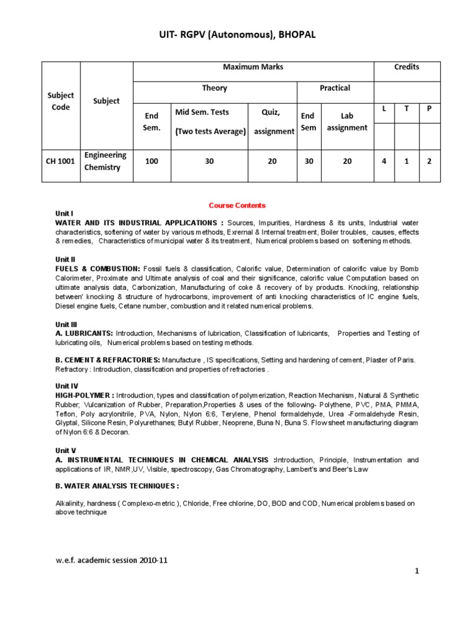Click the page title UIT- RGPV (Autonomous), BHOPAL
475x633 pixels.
click(x=237, y=36)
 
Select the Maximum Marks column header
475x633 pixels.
click(x=254, y=67)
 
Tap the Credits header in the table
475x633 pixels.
click(x=407, y=67)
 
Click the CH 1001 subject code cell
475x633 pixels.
click(x=61, y=161)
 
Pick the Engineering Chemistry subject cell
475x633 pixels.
click(x=105, y=161)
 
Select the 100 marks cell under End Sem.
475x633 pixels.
click(x=152, y=161)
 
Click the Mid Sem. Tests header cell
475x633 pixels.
click(x=210, y=121)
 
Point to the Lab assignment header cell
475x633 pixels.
click(x=347, y=121)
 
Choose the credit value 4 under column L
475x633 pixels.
click(x=384, y=161)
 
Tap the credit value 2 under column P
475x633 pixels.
click(x=429, y=161)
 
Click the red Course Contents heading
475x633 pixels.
click(x=237, y=205)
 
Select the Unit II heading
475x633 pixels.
click(x=65, y=260)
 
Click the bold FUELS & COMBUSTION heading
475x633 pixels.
click(x=98, y=269)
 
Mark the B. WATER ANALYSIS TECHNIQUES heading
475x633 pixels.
click(x=117, y=486)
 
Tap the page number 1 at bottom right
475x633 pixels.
click(x=417, y=572)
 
